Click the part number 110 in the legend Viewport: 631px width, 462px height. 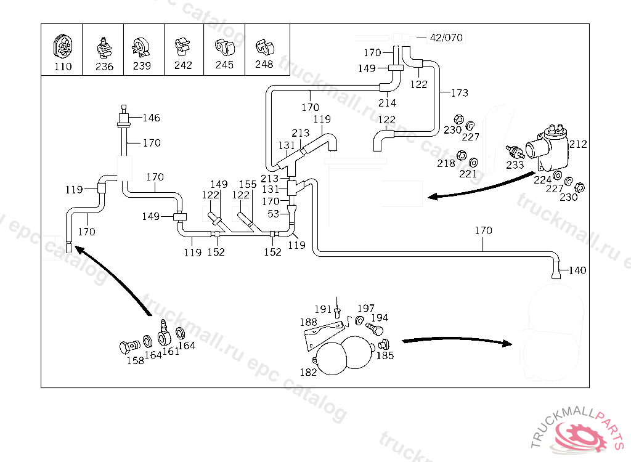tap(63, 67)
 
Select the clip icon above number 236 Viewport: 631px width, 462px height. tap(104, 47)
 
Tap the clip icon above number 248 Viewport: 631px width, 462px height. tap(264, 46)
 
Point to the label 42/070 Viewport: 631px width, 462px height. tap(446, 38)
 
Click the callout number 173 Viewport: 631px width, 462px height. tap(459, 93)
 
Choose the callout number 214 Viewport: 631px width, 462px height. tap(387, 103)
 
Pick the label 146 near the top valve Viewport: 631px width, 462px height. tap(151, 118)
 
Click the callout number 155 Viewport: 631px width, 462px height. tap(248, 184)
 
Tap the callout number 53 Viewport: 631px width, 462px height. tap(274, 214)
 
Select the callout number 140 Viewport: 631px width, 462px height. tap(577, 270)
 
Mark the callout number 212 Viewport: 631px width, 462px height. tap(578, 145)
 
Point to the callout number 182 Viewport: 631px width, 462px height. tap(308, 372)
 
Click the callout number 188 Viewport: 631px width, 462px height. tap(308, 322)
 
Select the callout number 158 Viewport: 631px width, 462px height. tap(135, 360)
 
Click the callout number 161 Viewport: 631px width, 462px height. tap(171, 351)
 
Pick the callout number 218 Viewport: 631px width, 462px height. tap(446, 163)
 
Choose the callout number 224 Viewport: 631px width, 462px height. tap(542, 180)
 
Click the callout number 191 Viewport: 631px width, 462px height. tap(324, 309)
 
